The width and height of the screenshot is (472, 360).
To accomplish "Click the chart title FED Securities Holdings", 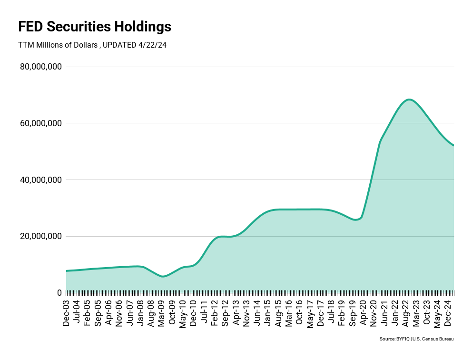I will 95,27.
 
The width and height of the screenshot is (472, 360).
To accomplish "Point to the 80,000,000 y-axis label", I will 41,67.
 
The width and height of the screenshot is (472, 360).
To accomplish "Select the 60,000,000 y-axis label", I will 41,123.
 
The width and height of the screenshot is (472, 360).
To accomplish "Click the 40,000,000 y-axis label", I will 41,180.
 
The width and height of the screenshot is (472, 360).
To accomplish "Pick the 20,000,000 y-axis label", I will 41,236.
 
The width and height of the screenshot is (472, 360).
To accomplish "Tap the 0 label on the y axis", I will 59,293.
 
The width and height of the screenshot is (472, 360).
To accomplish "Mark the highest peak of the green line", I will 409,100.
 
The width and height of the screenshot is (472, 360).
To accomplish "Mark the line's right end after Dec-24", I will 453,145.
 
